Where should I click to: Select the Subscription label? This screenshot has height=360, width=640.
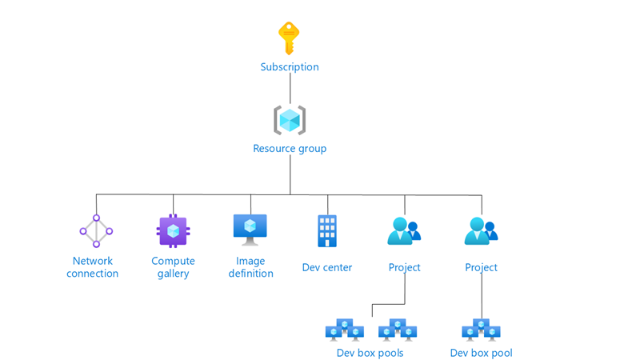click(x=290, y=67)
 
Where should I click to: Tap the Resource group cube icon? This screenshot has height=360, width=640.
click(x=290, y=120)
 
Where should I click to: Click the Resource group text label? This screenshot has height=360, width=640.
click(x=290, y=149)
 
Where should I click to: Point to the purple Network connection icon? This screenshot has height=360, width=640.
click(x=96, y=231)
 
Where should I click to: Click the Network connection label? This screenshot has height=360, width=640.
click(x=93, y=267)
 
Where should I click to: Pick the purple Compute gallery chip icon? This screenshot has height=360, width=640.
click(x=173, y=231)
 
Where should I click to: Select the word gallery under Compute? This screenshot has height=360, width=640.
click(x=173, y=274)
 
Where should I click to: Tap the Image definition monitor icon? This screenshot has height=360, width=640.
click(x=250, y=229)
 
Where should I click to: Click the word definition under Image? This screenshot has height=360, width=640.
click(x=250, y=274)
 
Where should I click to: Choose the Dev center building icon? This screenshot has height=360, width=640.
click(x=327, y=231)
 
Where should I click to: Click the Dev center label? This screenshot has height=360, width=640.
click(x=327, y=267)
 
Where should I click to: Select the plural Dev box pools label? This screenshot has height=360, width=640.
click(x=370, y=353)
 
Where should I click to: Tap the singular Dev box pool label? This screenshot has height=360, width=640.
click(x=481, y=353)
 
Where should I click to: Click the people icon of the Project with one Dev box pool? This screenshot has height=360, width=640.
click(x=481, y=231)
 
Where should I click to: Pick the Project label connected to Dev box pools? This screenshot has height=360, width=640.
click(x=404, y=267)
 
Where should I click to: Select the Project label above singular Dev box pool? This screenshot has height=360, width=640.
click(x=481, y=267)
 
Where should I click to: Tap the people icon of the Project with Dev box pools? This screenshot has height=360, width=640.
click(x=404, y=231)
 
